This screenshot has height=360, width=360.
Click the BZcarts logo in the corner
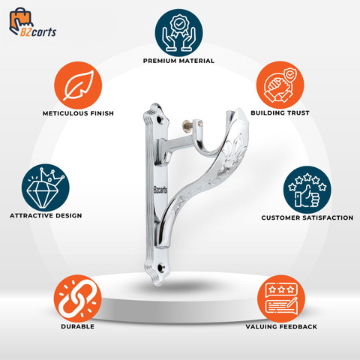click(x=32, y=22)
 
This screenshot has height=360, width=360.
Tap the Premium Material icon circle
click(x=178, y=33)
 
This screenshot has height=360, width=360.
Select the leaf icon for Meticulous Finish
click(x=78, y=85)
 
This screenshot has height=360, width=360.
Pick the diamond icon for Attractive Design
click(x=45, y=187)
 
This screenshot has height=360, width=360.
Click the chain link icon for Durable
click(x=78, y=298)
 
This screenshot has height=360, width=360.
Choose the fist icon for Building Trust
click(x=280, y=85)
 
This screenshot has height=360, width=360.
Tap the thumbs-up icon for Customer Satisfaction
click(x=307, y=190)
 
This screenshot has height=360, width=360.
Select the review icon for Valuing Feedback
click(x=281, y=299)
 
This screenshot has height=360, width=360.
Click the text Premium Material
click(x=178, y=61)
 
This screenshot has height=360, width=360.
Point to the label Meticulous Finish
click(x=78, y=113)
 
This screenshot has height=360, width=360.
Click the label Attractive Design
click(x=46, y=215)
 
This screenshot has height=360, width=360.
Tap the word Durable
click(x=78, y=326)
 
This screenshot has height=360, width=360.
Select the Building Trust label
click(x=280, y=112)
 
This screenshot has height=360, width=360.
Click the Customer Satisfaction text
click(x=307, y=217)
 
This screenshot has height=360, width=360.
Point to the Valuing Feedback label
click(x=281, y=327)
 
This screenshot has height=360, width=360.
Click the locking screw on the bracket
click(x=187, y=123)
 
